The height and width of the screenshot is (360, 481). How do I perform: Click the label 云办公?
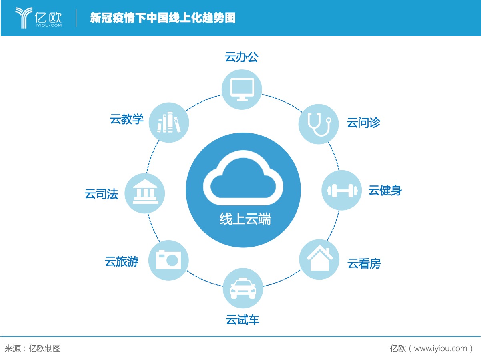point(241,57)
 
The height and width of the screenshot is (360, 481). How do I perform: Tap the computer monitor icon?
point(242,89)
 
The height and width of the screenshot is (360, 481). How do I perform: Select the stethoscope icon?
point(319,124)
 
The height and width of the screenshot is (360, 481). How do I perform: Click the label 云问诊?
point(363,123)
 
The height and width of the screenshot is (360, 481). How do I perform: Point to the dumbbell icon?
point(342,191)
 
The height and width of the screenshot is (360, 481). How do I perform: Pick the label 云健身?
point(385,190)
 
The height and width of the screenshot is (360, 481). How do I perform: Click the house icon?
point(320,258)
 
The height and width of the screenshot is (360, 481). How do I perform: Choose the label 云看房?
point(364,263)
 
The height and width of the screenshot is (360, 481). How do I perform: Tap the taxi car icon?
point(243,288)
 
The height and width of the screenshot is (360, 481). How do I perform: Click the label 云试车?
point(243,320)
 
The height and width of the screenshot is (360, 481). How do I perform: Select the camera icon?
point(168,259)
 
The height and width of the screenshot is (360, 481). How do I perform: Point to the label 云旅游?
point(122,261)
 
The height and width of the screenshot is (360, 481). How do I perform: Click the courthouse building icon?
point(145,191)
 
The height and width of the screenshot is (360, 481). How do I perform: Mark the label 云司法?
point(102,194)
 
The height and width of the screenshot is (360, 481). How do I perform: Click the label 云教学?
point(127,119)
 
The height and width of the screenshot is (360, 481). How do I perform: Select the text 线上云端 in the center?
point(245,219)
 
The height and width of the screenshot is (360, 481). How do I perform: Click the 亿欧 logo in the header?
point(38,18)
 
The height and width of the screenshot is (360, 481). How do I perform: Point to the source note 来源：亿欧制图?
point(33,348)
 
